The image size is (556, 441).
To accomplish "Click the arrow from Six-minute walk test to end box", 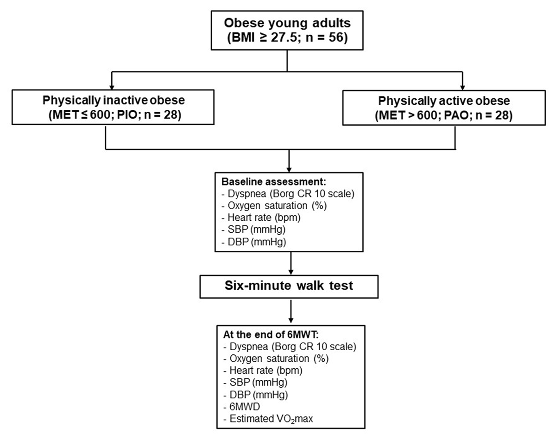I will [289, 312].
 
